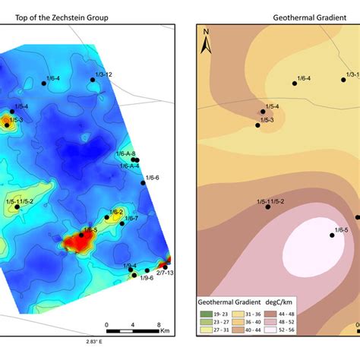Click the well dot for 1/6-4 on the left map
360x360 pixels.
click(x=44, y=84)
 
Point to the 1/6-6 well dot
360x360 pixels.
click(x=144, y=182)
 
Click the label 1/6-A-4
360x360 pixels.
click(x=128, y=166)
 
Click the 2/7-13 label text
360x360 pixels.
click(x=165, y=272)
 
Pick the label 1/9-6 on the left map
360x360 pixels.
click(x=147, y=278)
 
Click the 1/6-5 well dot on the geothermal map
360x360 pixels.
click(x=332, y=235)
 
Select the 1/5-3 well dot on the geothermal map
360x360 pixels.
click(x=258, y=125)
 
